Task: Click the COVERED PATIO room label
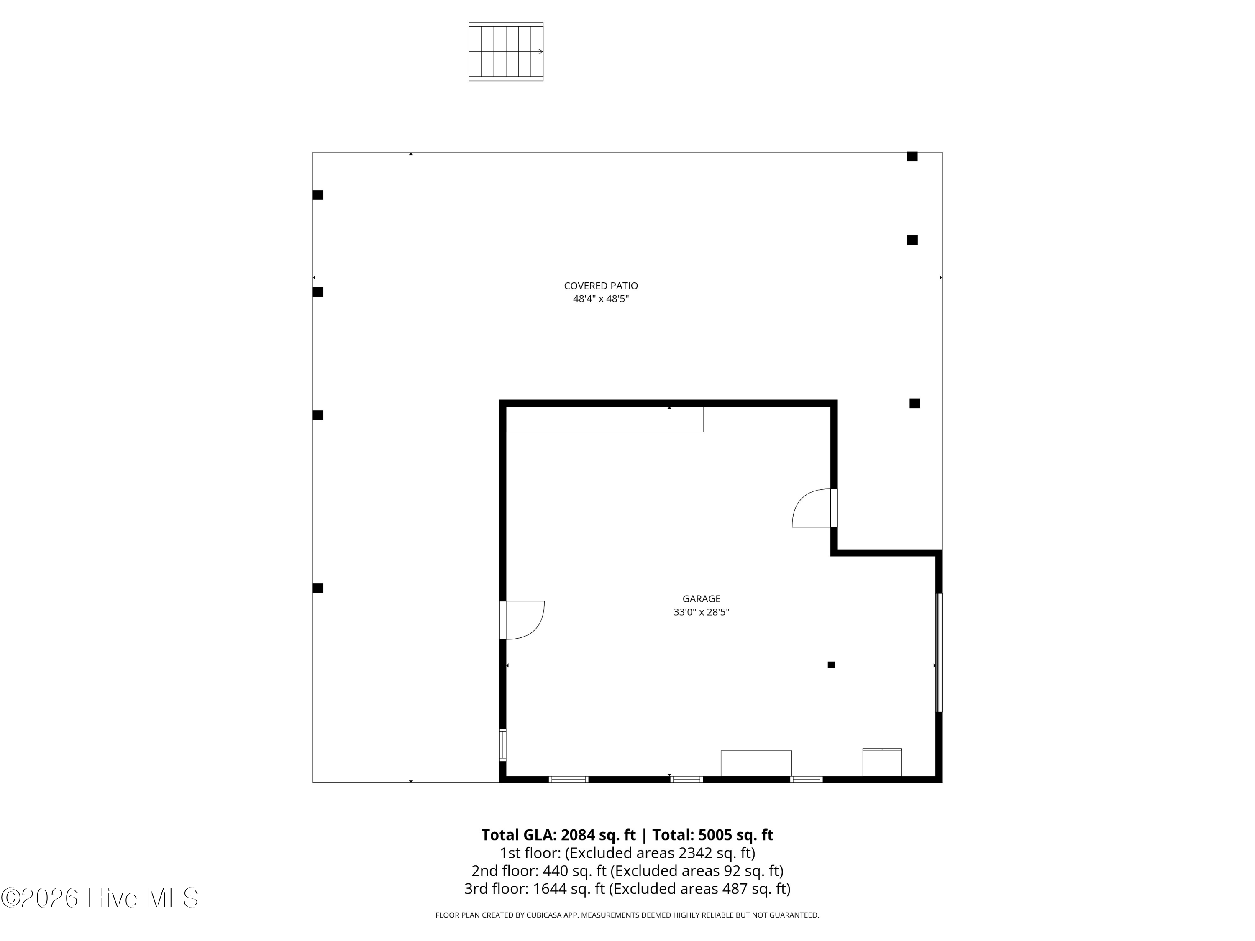[x=601, y=286]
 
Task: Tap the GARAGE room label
[x=701, y=598]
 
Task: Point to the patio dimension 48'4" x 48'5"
[x=601, y=299]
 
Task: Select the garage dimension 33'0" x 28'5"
[x=701, y=612]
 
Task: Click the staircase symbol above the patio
[x=505, y=51]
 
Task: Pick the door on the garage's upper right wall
[x=814, y=508]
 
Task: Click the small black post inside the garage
[x=831, y=665]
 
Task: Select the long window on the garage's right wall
[x=938, y=652]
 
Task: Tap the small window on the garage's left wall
[x=503, y=744]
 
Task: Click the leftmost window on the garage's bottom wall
[x=569, y=779]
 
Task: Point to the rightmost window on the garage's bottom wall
[x=806, y=779]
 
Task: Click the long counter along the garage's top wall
[x=604, y=419]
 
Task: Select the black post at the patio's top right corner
[x=912, y=156]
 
